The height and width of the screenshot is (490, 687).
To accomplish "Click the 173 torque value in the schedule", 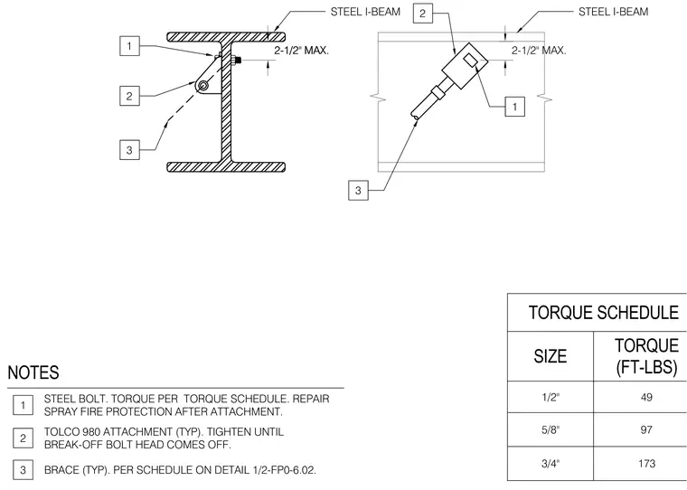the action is (646, 463).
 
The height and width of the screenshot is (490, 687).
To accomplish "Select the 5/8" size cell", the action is (551, 429).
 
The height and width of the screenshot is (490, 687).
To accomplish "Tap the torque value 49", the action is (646, 397).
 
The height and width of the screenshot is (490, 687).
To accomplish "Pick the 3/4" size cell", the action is (551, 463).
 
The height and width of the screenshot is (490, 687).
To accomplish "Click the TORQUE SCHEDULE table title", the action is (604, 313).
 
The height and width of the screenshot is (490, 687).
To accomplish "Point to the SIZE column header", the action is (551, 356).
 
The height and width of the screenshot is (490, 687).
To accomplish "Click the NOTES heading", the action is (33, 372).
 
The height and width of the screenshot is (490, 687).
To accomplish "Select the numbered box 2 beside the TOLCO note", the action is (23, 438).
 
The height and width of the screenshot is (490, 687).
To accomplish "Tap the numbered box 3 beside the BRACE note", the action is (23, 470).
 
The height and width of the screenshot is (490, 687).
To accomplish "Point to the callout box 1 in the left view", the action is (129, 46).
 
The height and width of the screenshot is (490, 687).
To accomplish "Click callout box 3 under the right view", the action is (358, 190).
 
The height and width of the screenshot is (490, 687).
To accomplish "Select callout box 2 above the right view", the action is (423, 14).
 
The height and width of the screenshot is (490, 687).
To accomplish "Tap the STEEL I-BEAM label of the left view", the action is (365, 12).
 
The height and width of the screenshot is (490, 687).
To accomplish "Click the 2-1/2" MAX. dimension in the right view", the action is (539, 51).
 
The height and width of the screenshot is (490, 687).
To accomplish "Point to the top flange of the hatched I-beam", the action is (227, 37).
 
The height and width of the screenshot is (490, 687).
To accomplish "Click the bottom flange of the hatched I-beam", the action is (227, 166).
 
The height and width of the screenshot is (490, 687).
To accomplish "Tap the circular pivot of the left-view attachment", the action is (202, 86).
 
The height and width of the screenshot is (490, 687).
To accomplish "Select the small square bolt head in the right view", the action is (471, 61).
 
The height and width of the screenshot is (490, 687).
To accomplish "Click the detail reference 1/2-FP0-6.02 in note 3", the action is (285, 470).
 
